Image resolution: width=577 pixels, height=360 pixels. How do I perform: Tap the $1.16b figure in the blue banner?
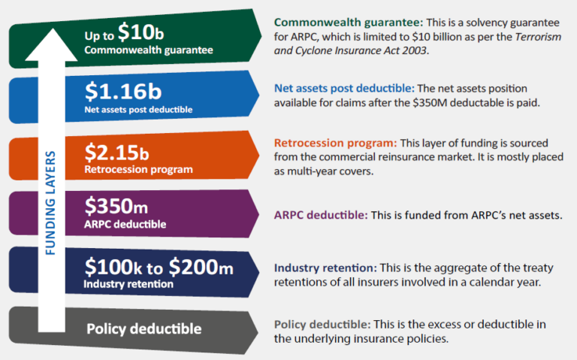[x=122, y=92]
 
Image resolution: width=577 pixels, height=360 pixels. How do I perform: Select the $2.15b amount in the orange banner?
[x=116, y=153]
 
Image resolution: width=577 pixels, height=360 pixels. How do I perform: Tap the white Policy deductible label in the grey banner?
[x=143, y=328]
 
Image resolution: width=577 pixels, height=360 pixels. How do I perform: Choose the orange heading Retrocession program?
[x=334, y=143]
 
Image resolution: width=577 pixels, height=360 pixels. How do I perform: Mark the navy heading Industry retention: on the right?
[x=325, y=268]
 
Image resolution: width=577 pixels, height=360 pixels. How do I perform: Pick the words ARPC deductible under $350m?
[x=124, y=224]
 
